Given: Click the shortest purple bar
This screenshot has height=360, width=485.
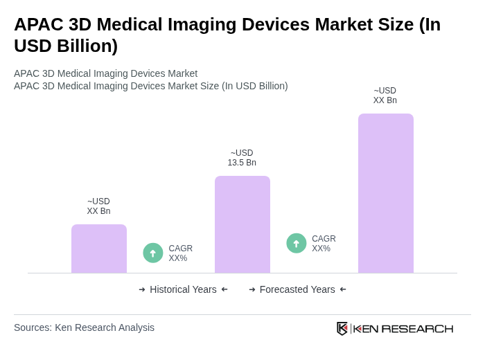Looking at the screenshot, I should coord(99,249).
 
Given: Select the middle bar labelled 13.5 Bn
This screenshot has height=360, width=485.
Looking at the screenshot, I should coord(242,224).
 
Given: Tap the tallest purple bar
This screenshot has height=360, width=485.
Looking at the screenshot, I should coord(386,193).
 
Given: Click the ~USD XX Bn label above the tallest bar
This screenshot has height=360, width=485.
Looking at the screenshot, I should coord(385,96).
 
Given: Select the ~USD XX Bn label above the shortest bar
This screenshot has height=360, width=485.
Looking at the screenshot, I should coord(98,206).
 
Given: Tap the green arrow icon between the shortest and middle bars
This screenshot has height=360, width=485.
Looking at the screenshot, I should coord(153,253).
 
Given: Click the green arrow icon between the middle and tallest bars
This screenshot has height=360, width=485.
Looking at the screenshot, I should coord(297,243).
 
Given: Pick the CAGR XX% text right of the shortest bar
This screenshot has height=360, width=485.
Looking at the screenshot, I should coord(181,253).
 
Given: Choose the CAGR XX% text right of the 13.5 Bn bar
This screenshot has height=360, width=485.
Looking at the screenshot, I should coord(324,244).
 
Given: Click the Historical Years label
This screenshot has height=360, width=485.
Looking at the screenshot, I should coord(183,289).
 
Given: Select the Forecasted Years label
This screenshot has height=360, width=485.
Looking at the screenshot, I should coord(297,289).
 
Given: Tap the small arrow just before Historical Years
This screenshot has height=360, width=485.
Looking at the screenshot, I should coord(142,289).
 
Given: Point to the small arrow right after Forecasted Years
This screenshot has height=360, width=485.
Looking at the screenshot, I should coord(343,289).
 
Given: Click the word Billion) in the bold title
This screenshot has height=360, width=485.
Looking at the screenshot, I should coord(83,46).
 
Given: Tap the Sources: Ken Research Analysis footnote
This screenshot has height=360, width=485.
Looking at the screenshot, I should coord(84,327).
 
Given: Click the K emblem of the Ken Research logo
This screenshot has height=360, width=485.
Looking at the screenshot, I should coord(342,328).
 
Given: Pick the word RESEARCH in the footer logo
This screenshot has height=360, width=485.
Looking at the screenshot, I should coord(417,328).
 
